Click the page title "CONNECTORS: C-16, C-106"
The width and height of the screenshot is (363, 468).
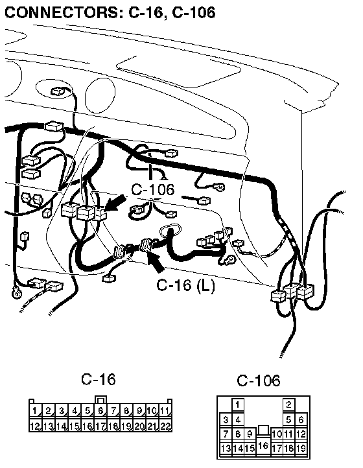tap(110, 12)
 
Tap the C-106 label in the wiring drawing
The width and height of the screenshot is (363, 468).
tap(153, 189)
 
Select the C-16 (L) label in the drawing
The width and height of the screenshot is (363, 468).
tap(185, 285)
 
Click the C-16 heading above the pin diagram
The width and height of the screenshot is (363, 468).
tap(99, 379)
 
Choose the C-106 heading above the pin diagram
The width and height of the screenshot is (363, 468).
tap(259, 380)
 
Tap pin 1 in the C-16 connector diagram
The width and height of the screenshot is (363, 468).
tap(35, 411)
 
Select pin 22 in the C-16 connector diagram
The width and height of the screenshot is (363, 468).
tap(165, 426)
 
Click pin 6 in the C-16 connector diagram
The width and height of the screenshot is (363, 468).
tap(100, 411)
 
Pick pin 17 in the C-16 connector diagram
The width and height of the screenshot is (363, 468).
tap(100, 426)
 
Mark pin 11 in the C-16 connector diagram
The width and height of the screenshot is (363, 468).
tap(165, 411)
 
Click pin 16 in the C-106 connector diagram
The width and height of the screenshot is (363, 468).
tap(263, 446)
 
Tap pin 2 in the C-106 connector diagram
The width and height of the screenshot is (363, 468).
tap(288, 404)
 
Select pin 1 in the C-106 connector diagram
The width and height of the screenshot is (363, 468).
tap(238, 404)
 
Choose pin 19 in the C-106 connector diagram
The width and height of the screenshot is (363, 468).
tap(301, 449)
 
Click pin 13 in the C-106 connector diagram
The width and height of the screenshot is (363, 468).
tap(226, 449)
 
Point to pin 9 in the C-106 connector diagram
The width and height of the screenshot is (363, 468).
tap(250, 434)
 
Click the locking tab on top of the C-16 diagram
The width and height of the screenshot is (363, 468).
tap(100, 400)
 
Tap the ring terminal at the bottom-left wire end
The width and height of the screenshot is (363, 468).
tap(16, 292)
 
